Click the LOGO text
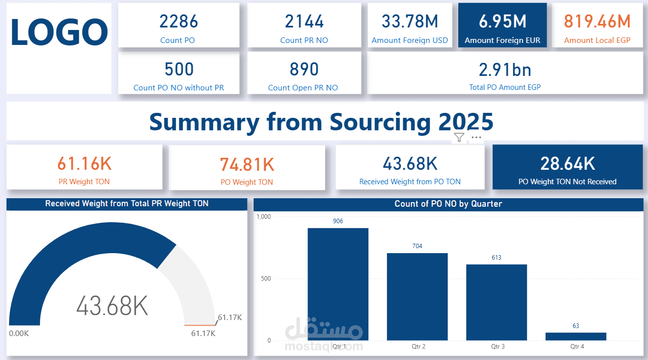coord(59,32)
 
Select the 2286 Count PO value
coord(179,21)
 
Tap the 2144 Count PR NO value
coord(304,21)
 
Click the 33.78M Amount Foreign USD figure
coord(410,21)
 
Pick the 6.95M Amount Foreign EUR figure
coord(502,21)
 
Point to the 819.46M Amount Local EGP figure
coord(597,21)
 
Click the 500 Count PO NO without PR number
coord(179,69)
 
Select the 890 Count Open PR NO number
coord(304,69)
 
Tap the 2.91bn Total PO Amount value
coord(505,69)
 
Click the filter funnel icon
coord(459,137)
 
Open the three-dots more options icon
coord(476,137)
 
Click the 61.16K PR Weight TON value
coord(84,164)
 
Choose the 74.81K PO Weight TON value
coord(247,164)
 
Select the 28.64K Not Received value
coord(568,164)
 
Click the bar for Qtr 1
coord(338,285)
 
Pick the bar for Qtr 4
coord(576,337)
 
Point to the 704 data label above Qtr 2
coord(417,246)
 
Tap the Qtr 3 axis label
coord(497,347)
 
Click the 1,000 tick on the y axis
coord(264,217)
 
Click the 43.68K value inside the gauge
coord(112,305)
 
